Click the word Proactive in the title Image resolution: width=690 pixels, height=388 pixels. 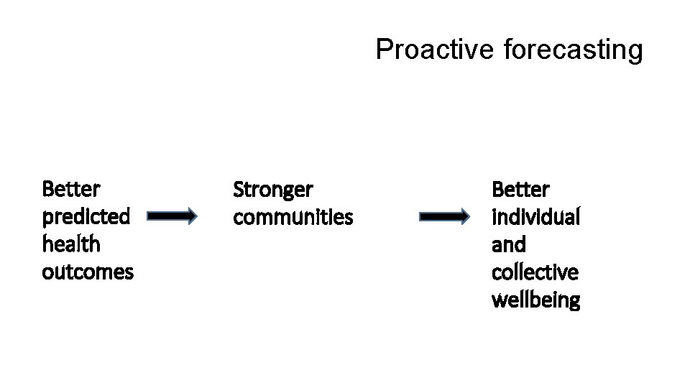[433, 50]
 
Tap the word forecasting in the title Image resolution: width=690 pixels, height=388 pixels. [573, 50]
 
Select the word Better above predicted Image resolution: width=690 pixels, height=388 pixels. [71, 189]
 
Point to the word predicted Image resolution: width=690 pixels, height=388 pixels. [86, 216]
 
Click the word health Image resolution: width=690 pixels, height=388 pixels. [71, 244]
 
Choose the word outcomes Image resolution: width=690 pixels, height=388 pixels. [88, 272]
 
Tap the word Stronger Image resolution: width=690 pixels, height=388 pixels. [273, 190]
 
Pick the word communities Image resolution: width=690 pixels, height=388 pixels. [293, 216]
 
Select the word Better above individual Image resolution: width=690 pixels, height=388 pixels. [520, 190]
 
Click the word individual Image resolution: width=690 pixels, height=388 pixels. [535, 216]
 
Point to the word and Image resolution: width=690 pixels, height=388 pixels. [508, 244]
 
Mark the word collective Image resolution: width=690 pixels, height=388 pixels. [535, 272]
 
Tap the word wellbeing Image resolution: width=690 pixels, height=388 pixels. [535, 300]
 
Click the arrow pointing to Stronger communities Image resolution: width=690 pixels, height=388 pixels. [171, 215]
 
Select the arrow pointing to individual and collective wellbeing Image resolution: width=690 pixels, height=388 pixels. [444, 216]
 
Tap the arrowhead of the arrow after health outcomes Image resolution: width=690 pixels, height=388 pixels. [189, 215]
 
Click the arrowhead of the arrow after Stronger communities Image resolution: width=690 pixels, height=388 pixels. [463, 216]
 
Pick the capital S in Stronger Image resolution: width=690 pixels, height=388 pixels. [239, 190]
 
